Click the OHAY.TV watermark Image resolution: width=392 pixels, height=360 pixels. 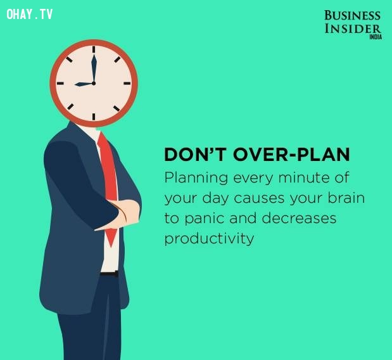30,14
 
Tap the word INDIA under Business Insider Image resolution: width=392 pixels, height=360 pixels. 376,37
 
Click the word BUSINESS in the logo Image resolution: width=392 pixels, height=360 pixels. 352,15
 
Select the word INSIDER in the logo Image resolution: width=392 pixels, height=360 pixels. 353,29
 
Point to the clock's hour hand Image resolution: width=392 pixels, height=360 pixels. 84,84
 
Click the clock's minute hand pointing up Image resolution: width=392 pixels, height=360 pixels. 94,68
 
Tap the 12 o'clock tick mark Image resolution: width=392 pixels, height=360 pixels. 94,49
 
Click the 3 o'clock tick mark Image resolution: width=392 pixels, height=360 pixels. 127,83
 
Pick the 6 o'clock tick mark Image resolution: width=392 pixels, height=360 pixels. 94,117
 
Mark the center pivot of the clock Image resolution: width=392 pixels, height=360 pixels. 94,83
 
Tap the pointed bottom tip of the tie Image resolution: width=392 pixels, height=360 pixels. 111,247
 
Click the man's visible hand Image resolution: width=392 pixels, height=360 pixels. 127,212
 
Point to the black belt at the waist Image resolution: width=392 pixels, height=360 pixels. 110,274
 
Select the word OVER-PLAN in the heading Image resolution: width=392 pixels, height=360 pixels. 291,155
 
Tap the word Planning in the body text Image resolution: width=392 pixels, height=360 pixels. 196,179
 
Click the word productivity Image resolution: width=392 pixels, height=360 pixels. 209,239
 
